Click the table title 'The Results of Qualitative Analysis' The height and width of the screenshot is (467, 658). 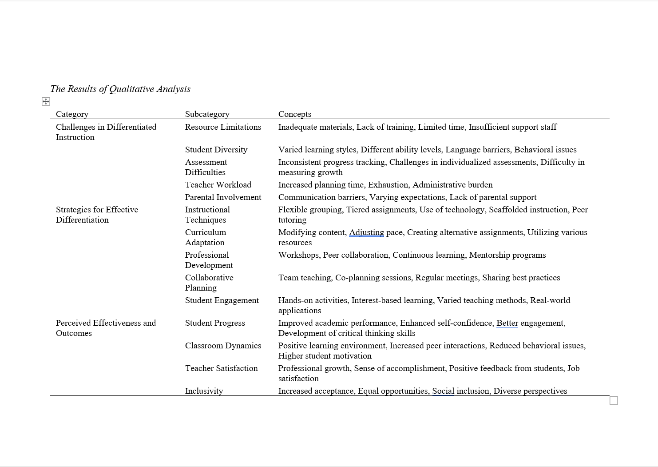(x=120, y=89)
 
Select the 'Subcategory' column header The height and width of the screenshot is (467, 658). (x=207, y=114)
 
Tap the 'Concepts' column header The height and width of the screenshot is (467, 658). (x=294, y=114)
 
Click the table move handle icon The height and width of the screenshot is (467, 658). (x=46, y=102)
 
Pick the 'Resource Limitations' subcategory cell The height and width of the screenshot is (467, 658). (x=223, y=127)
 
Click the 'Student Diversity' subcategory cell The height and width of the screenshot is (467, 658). (x=216, y=150)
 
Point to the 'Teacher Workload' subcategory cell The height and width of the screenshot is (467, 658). (x=218, y=185)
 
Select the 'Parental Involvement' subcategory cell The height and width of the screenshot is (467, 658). (x=223, y=197)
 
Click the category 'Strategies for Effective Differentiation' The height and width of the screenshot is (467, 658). (x=97, y=215)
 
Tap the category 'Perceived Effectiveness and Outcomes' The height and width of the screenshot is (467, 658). (x=106, y=328)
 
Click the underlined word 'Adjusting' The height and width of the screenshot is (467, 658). (x=366, y=232)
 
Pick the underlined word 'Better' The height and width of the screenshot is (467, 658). (x=507, y=323)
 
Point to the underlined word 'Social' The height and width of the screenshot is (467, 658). (x=443, y=391)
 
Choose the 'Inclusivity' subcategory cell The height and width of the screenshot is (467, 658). (x=204, y=391)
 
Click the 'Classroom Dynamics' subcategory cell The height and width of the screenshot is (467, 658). (x=223, y=346)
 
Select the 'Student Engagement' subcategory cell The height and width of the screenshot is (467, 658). (x=222, y=300)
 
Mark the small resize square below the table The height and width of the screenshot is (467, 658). (x=614, y=401)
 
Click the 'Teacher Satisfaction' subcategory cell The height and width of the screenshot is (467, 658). (x=221, y=368)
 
